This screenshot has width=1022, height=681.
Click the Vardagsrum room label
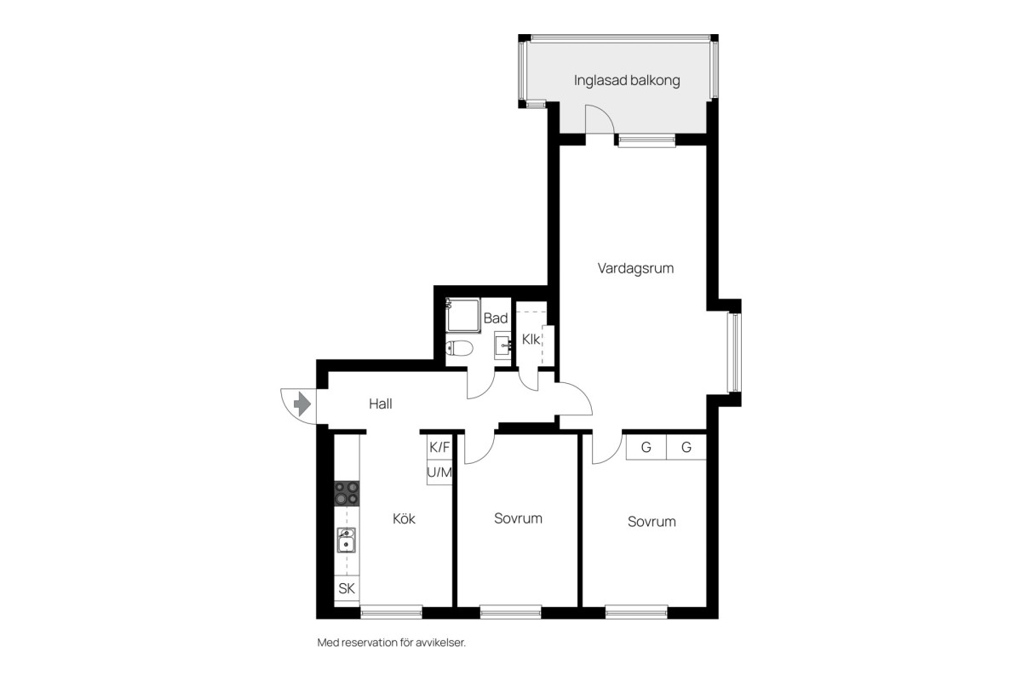coord(635,268)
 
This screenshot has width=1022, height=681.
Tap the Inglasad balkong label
coord(627,80)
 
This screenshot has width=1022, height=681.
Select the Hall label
coord(381,403)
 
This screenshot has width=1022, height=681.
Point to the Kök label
coord(404,518)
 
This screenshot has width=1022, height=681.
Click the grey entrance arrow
coord(302,403)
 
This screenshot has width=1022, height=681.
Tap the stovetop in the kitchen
coord(347,494)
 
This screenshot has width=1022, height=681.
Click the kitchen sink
coord(347,540)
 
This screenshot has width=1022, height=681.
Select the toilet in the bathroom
coord(459,348)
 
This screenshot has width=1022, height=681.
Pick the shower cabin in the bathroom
coord(463,315)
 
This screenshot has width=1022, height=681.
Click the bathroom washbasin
coord(502,346)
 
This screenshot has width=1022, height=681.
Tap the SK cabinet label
coord(347,588)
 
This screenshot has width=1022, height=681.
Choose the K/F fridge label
coord(439,447)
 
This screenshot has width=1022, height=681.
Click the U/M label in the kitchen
coord(439,472)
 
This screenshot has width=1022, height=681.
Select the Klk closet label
coord(531,340)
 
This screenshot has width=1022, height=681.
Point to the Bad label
coord(496,318)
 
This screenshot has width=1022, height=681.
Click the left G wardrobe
coord(646,447)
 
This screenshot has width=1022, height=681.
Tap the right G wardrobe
coord(686,447)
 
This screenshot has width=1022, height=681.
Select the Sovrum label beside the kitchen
coord(519,518)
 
